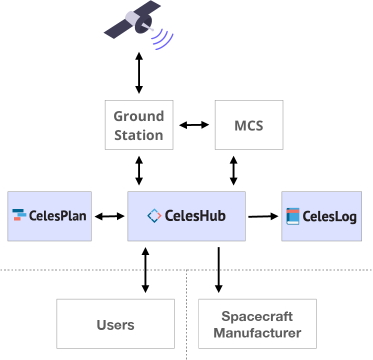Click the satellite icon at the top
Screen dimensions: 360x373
pos(133,21)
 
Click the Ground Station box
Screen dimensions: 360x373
pos(138,125)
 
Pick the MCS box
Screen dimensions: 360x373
pos(248,125)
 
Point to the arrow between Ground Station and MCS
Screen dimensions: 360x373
pos(194,125)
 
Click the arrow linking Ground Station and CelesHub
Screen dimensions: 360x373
pos(138,170)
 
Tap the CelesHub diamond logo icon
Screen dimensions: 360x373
pos(154,215)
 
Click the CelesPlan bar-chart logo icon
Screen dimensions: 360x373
pos(19,215)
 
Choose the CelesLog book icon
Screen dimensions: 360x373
pos(292,216)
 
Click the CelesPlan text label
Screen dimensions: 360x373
pos(57,216)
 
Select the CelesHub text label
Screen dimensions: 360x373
pos(195,216)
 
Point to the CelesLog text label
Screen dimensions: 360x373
pos(329,216)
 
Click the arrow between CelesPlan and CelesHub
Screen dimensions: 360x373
pos(109,216)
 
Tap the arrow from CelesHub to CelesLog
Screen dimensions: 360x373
pos(263,216)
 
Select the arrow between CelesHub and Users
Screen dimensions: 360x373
pos(145,269)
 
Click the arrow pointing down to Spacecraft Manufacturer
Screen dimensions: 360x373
pos(218,269)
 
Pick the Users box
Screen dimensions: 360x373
pos(115,324)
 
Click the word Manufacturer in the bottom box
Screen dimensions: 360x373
pos(257,332)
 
